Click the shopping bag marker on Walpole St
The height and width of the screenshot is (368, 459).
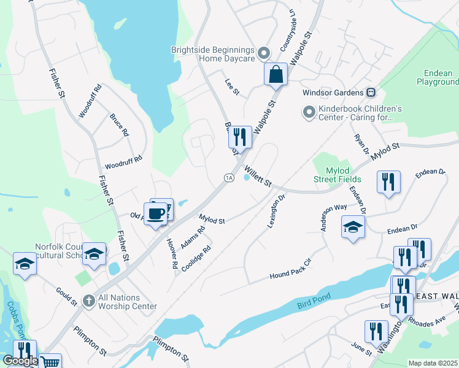coord(276,75)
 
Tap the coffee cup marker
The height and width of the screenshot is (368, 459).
coord(156,213)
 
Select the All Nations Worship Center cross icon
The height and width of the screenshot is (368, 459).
coord(89,300)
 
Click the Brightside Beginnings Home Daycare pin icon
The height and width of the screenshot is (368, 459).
coord(264,53)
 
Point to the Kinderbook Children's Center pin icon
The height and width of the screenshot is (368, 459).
coord(309,112)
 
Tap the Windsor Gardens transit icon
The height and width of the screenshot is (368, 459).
coord(371,93)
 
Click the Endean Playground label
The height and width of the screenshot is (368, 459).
coord(438,77)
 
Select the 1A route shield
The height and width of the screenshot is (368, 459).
coord(229,177)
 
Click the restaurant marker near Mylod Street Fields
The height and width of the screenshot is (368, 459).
coord(389,182)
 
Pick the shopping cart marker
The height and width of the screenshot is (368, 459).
coord(50,362)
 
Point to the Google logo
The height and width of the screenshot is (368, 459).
coord(20,361)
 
